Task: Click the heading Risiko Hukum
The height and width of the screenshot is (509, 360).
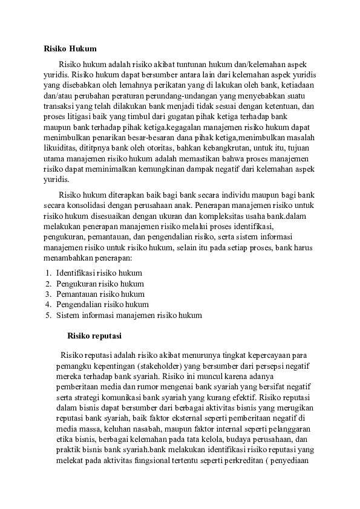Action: point(70,48)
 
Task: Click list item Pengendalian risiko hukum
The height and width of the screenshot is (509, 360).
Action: point(102,304)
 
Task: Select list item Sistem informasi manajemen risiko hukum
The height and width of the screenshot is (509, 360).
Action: point(129,315)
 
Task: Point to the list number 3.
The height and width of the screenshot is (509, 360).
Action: point(48,294)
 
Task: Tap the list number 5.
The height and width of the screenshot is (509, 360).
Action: point(48,315)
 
